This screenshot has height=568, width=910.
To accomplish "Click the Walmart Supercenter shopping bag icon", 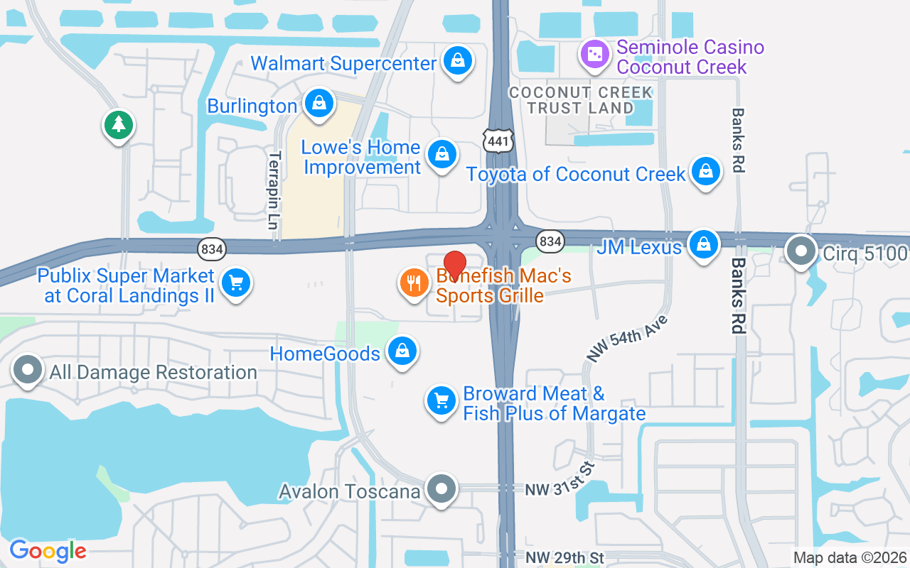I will [458, 61].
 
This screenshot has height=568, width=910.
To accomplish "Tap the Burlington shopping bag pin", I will [319, 104].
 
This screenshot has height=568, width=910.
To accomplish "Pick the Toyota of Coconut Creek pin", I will [705, 171].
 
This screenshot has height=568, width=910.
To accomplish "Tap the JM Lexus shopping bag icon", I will [703, 244].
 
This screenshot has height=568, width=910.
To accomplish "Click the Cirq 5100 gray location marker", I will [801, 251].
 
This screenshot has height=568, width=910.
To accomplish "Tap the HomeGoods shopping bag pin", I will [402, 351].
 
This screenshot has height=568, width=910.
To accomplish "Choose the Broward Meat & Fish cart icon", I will [441, 401].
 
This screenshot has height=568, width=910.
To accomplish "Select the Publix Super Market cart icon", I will [235, 283].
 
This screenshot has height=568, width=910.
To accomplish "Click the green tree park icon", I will [119, 126].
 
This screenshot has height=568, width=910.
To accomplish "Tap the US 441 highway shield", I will [498, 141].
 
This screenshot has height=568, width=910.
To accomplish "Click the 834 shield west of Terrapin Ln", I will [211, 248].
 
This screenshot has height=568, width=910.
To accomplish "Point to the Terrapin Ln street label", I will [273, 190].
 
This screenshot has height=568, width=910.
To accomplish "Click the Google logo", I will [48, 551].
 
